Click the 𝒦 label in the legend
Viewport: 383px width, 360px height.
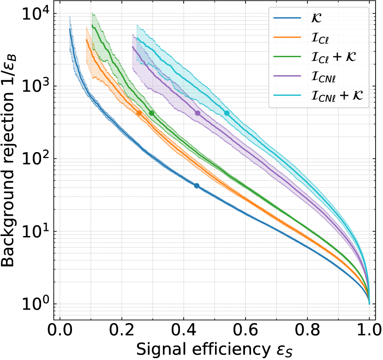click(317, 18)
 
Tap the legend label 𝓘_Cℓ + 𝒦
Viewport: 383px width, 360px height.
click(334, 57)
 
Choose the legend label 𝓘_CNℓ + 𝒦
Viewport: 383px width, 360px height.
click(337, 96)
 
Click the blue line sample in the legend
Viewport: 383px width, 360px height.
click(287, 18)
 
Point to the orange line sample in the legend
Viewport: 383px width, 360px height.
click(287, 38)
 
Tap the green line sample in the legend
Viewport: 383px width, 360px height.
click(287, 57)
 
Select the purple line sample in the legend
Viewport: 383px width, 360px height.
click(287, 77)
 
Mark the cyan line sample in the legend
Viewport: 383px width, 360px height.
click(287, 96)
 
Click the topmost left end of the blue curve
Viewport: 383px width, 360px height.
click(70, 18)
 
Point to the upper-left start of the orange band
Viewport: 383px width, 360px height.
click(86, 28)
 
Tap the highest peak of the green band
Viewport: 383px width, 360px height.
click(92, 13)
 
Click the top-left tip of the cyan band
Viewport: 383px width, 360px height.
click(137, 25)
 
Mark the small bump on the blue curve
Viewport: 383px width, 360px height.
click(197, 186)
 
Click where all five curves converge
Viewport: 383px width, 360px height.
click(369, 302)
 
